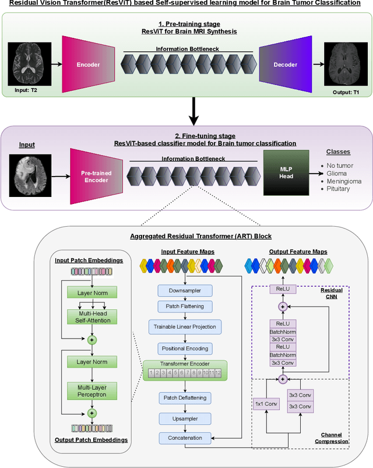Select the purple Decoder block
point(286,65)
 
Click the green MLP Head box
point(287,173)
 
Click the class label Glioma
point(338,173)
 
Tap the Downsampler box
point(184,290)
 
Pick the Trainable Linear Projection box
point(184,326)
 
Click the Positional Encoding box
point(184,348)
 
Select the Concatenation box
point(184,438)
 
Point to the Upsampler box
point(184,418)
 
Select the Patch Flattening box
point(184,306)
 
